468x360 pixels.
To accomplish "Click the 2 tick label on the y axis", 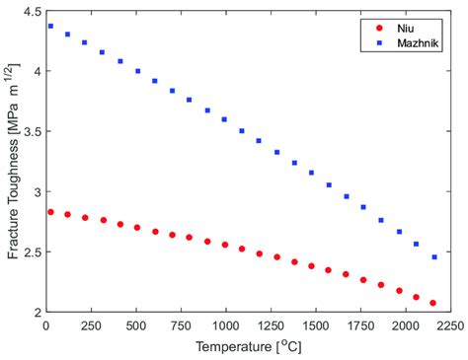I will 34,313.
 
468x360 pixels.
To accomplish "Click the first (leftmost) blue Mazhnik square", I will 50,27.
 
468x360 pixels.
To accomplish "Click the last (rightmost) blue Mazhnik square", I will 433,257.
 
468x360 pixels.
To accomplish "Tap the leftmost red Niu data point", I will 50,212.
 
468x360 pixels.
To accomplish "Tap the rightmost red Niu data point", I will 433,303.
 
